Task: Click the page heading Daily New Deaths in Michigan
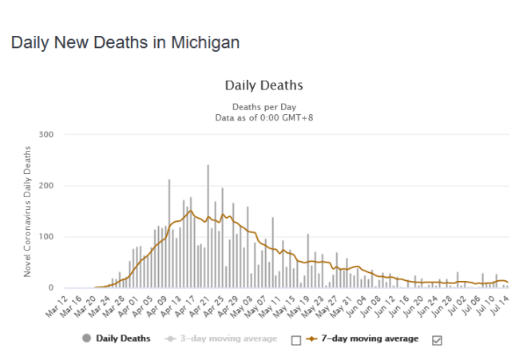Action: pyautogui.click(x=125, y=42)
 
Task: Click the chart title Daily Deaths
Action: pyautogui.click(x=263, y=85)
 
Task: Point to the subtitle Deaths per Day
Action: pyautogui.click(x=263, y=106)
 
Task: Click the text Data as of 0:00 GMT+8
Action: pyautogui.click(x=263, y=117)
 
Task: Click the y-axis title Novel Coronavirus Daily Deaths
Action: pyautogui.click(x=27, y=212)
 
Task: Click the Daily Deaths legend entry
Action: pyautogui.click(x=122, y=338)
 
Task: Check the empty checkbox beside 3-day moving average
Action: pyautogui.click(x=296, y=339)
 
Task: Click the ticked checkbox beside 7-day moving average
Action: pyautogui.click(x=437, y=339)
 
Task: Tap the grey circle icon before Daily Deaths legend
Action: pyautogui.click(x=86, y=338)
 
